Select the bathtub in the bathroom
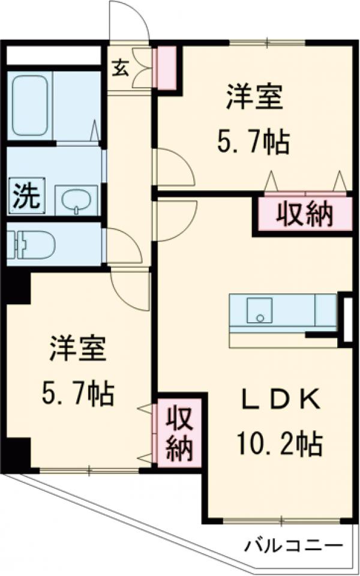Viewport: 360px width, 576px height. coord(29,107)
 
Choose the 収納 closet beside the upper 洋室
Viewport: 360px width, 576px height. coord(305,214)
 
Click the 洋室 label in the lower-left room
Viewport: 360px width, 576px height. coord(78,350)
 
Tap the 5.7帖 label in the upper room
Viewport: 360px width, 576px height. coord(254,143)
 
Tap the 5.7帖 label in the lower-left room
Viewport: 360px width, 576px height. coord(78,394)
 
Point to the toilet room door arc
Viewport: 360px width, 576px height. coord(124,246)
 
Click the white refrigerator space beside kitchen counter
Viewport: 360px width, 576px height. coord(346,318)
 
